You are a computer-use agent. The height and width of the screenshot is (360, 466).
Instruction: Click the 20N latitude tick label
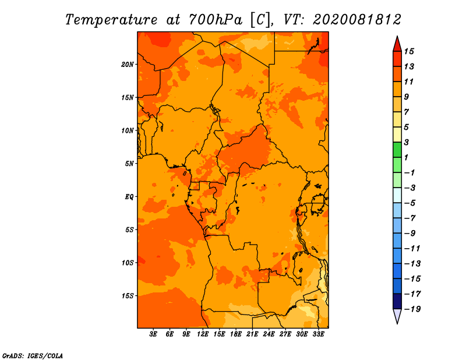coord(127,64)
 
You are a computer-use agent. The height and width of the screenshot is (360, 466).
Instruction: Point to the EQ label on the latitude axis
coord(129,196)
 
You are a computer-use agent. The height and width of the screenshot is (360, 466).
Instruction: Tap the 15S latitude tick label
coord(127,296)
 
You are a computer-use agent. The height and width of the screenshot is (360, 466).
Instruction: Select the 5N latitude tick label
coord(129,164)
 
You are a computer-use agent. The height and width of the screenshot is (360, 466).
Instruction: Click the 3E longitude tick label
coord(153,334)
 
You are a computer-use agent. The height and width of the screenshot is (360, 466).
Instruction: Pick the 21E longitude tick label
coord(252,334)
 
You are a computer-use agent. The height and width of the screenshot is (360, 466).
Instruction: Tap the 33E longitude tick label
coord(318,334)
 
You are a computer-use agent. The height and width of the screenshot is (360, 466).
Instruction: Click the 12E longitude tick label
coord(203,334)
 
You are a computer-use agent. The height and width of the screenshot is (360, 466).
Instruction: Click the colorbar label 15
coord(409,51)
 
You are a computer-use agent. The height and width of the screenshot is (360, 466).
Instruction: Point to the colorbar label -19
coord(412,309)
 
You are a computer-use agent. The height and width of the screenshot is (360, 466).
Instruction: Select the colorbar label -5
coord(410,203)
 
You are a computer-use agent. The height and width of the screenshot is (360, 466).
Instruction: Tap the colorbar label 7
coord(407,112)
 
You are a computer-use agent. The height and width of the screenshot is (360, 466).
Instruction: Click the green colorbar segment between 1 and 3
coord(397,150)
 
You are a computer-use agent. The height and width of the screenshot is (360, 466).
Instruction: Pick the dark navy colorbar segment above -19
coord(397,301)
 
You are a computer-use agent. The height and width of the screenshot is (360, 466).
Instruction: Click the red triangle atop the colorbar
coord(397,45)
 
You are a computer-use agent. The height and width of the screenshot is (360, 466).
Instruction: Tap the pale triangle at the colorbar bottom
coord(397,315)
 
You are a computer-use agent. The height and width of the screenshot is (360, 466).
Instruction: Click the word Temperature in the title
coord(111,20)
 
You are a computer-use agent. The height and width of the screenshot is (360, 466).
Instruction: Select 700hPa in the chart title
coord(216,20)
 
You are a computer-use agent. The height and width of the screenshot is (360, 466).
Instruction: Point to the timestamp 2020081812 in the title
coord(357,20)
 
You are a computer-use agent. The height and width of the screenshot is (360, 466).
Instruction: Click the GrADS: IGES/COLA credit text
coord(33,356)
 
